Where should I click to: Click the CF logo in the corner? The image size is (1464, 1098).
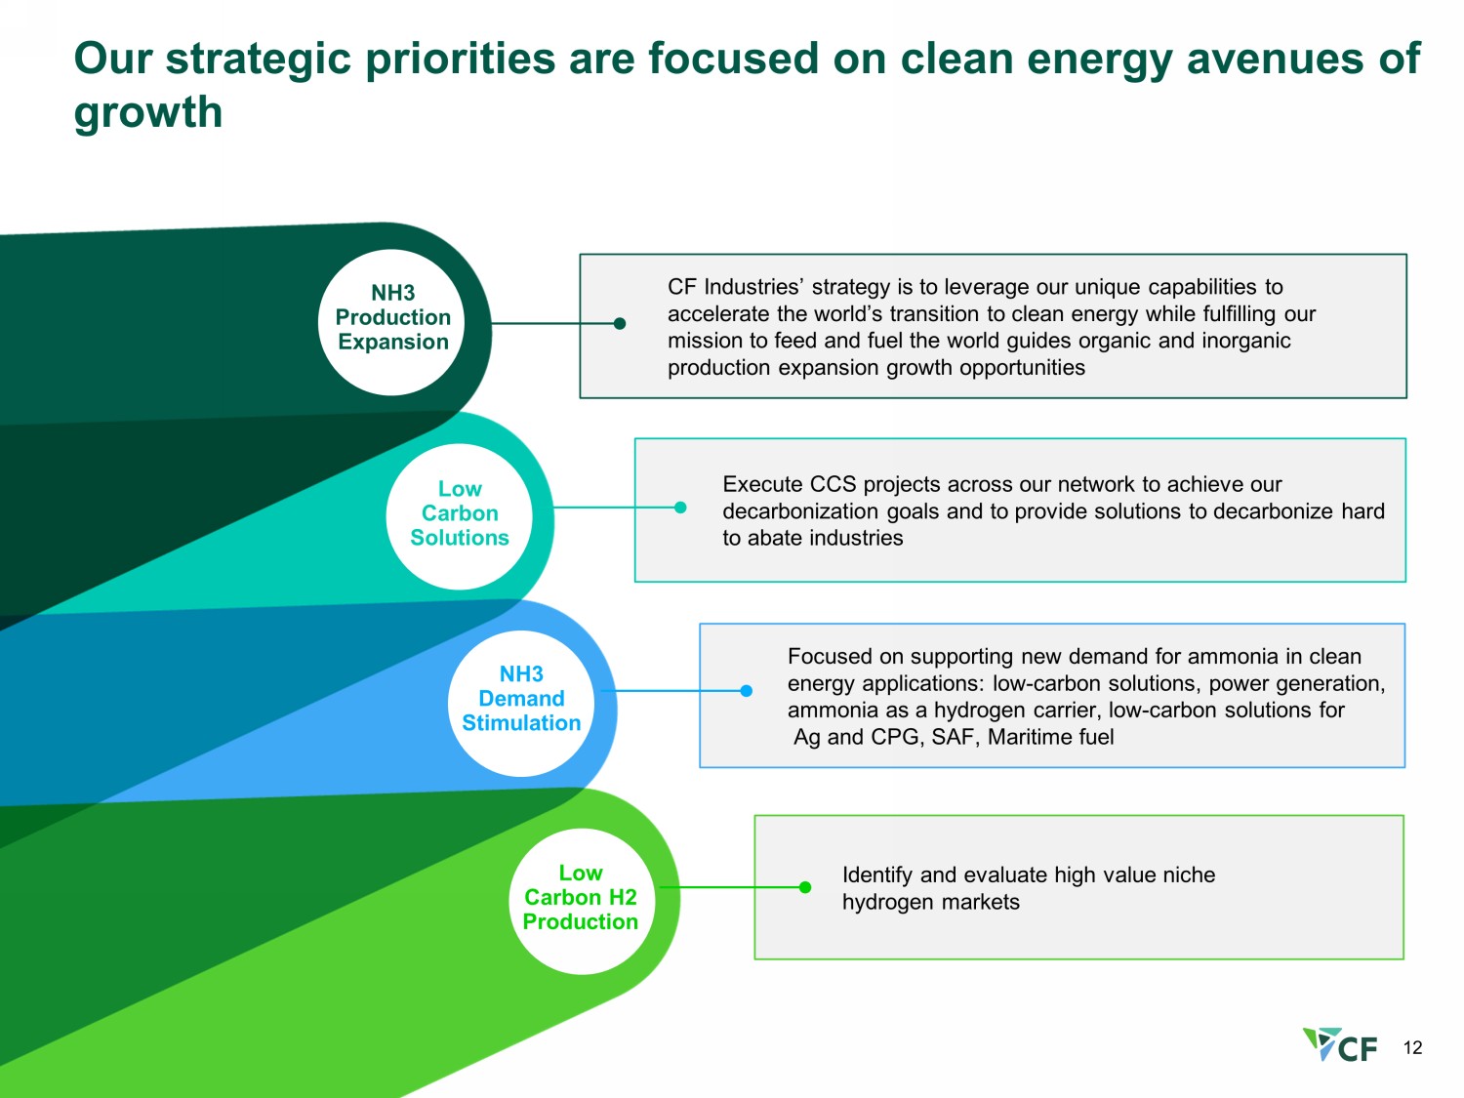coord(1339,1044)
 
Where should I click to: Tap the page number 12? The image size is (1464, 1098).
coord(1412,1047)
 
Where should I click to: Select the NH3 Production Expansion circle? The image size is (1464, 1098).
coord(391,323)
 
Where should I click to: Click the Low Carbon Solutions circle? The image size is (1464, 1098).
coord(460,516)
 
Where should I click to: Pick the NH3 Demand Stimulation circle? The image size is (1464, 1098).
coord(521,704)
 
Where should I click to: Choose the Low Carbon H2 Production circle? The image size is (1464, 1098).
coord(582,901)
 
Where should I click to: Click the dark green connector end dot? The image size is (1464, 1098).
coord(620,323)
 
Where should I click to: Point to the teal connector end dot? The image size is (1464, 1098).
coord(680,508)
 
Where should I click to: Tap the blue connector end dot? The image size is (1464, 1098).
coord(747,691)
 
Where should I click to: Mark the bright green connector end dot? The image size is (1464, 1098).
coord(805,887)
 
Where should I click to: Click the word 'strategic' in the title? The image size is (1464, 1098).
coord(258,60)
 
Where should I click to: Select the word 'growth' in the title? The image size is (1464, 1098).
coord(148,112)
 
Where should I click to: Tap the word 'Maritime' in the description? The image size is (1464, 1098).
coord(1027,737)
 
